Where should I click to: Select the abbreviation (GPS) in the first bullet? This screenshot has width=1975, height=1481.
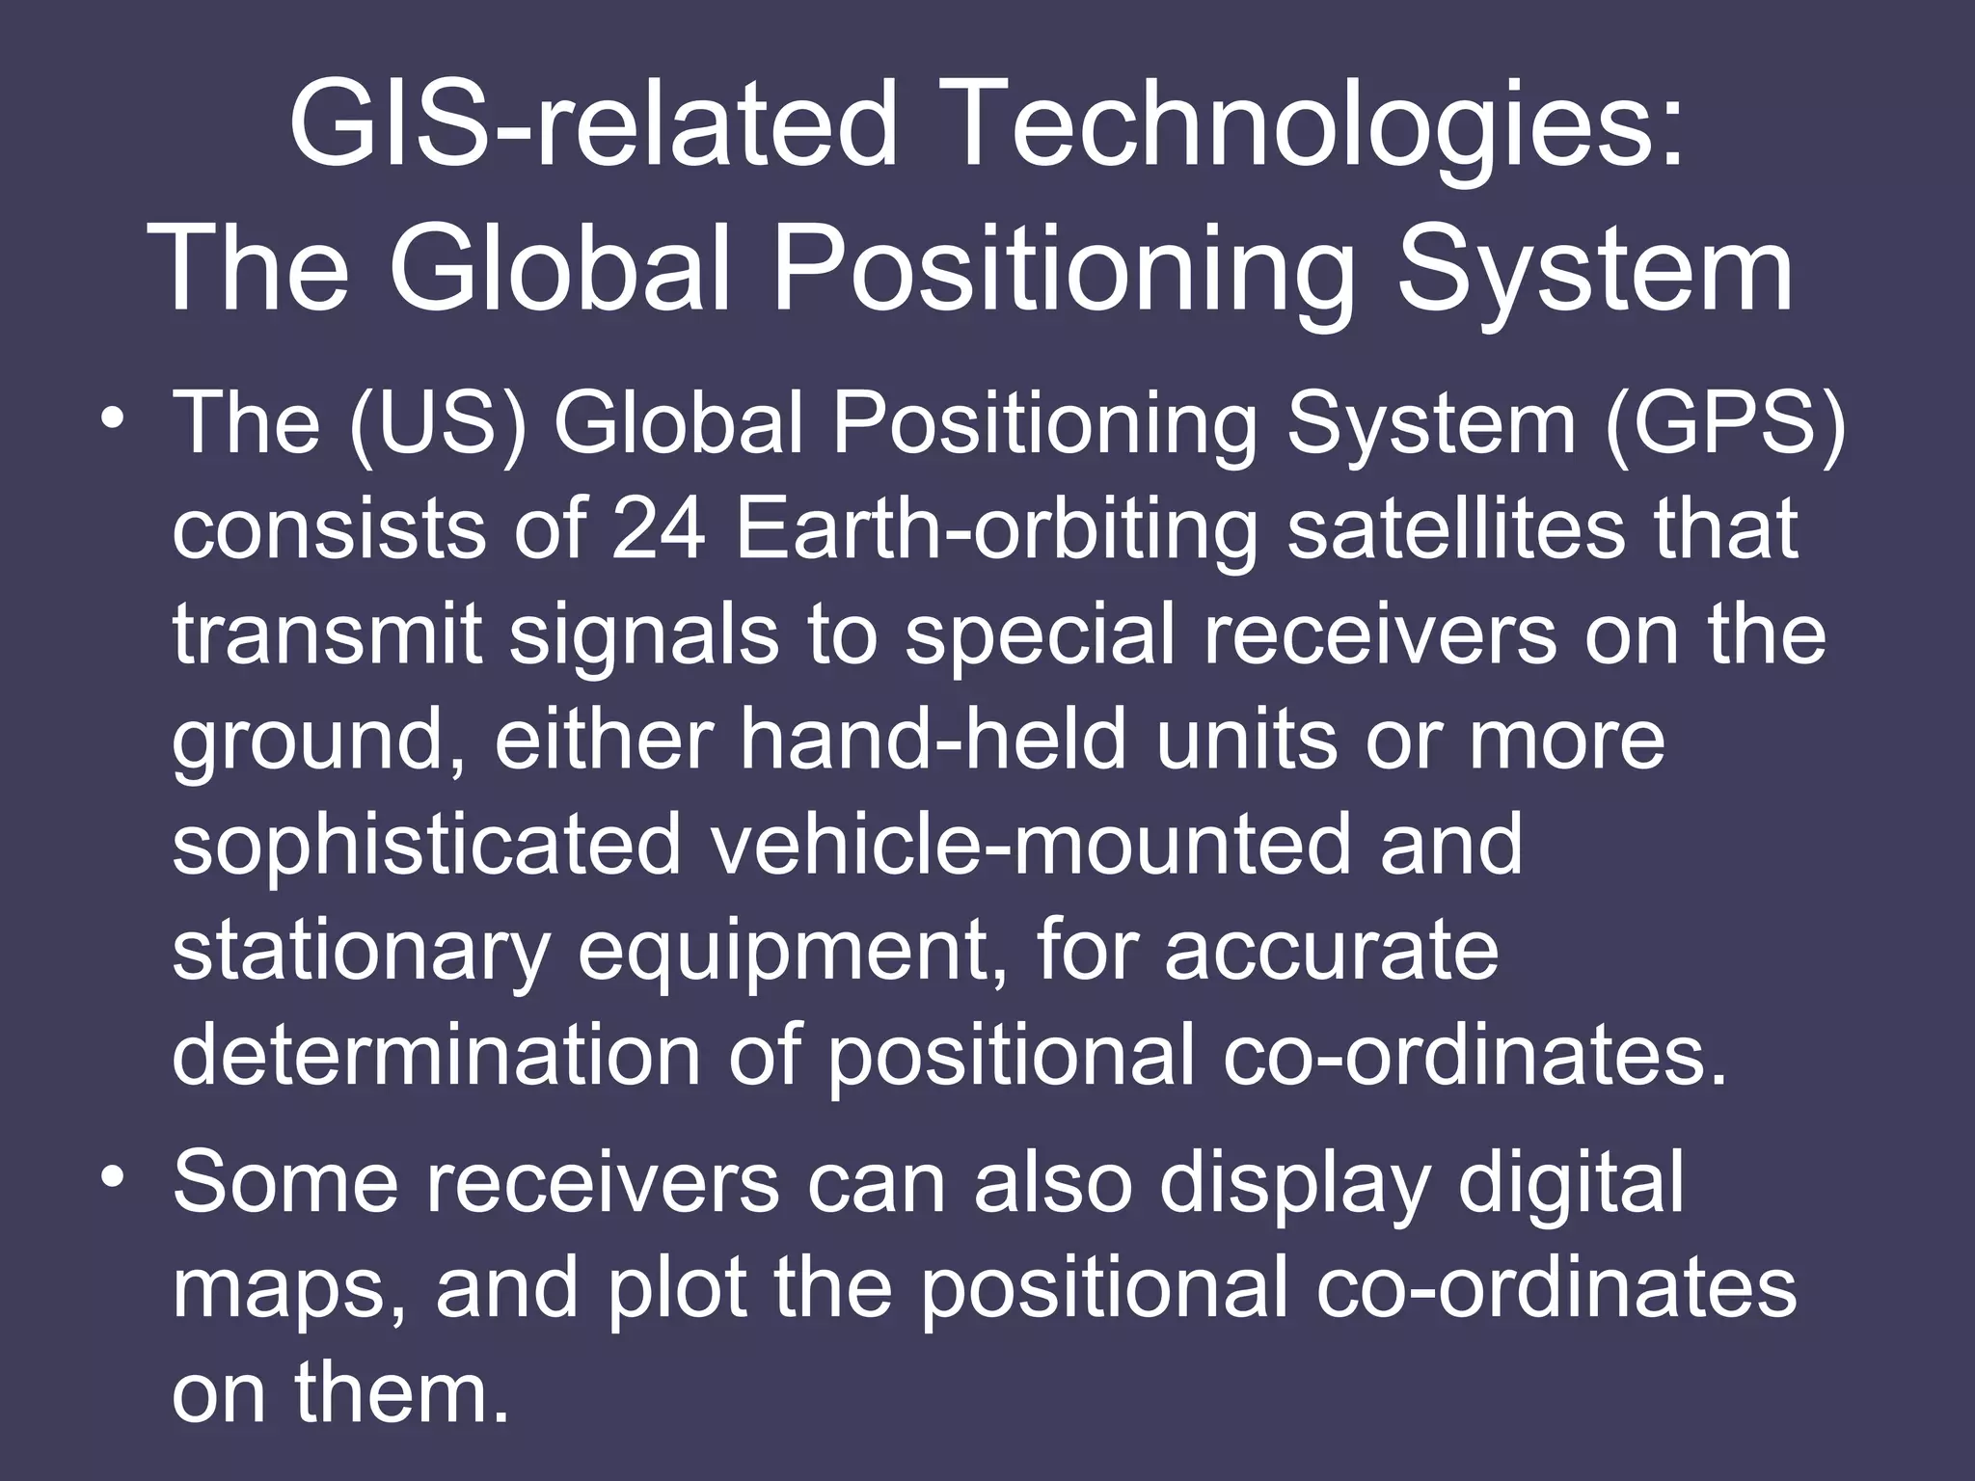[x=1725, y=424]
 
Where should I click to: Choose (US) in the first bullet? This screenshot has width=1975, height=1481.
[x=438, y=424]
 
